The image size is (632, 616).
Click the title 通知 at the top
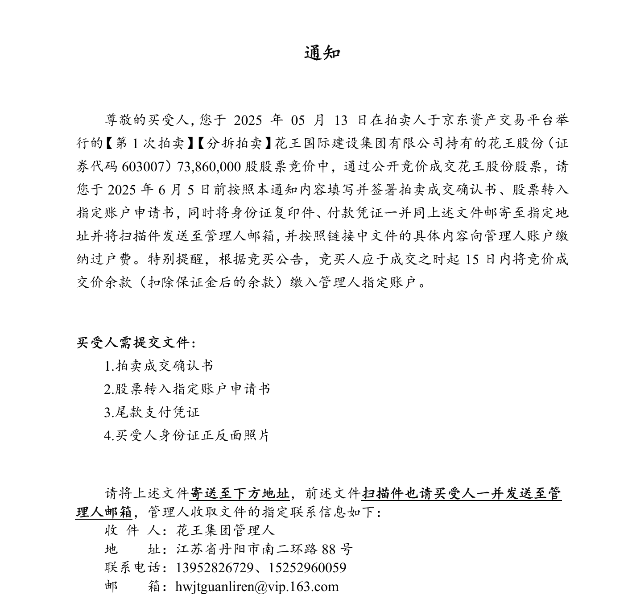(x=322, y=53)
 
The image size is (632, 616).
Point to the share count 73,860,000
(x=210, y=166)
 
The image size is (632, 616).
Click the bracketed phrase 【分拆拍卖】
(x=234, y=143)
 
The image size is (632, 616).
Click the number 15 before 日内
(x=472, y=259)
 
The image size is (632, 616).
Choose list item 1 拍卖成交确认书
(x=159, y=366)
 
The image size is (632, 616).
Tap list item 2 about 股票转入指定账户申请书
(x=187, y=389)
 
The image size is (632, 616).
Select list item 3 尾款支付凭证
(x=152, y=412)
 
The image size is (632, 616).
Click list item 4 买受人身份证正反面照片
(x=187, y=435)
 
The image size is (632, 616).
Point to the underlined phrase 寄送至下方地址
(x=240, y=493)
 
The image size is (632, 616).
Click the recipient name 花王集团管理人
(x=225, y=530)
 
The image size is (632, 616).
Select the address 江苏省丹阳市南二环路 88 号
(x=264, y=549)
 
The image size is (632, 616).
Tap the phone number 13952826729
(x=215, y=568)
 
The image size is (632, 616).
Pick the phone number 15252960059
(x=308, y=568)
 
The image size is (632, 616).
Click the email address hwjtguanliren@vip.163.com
(x=257, y=587)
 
